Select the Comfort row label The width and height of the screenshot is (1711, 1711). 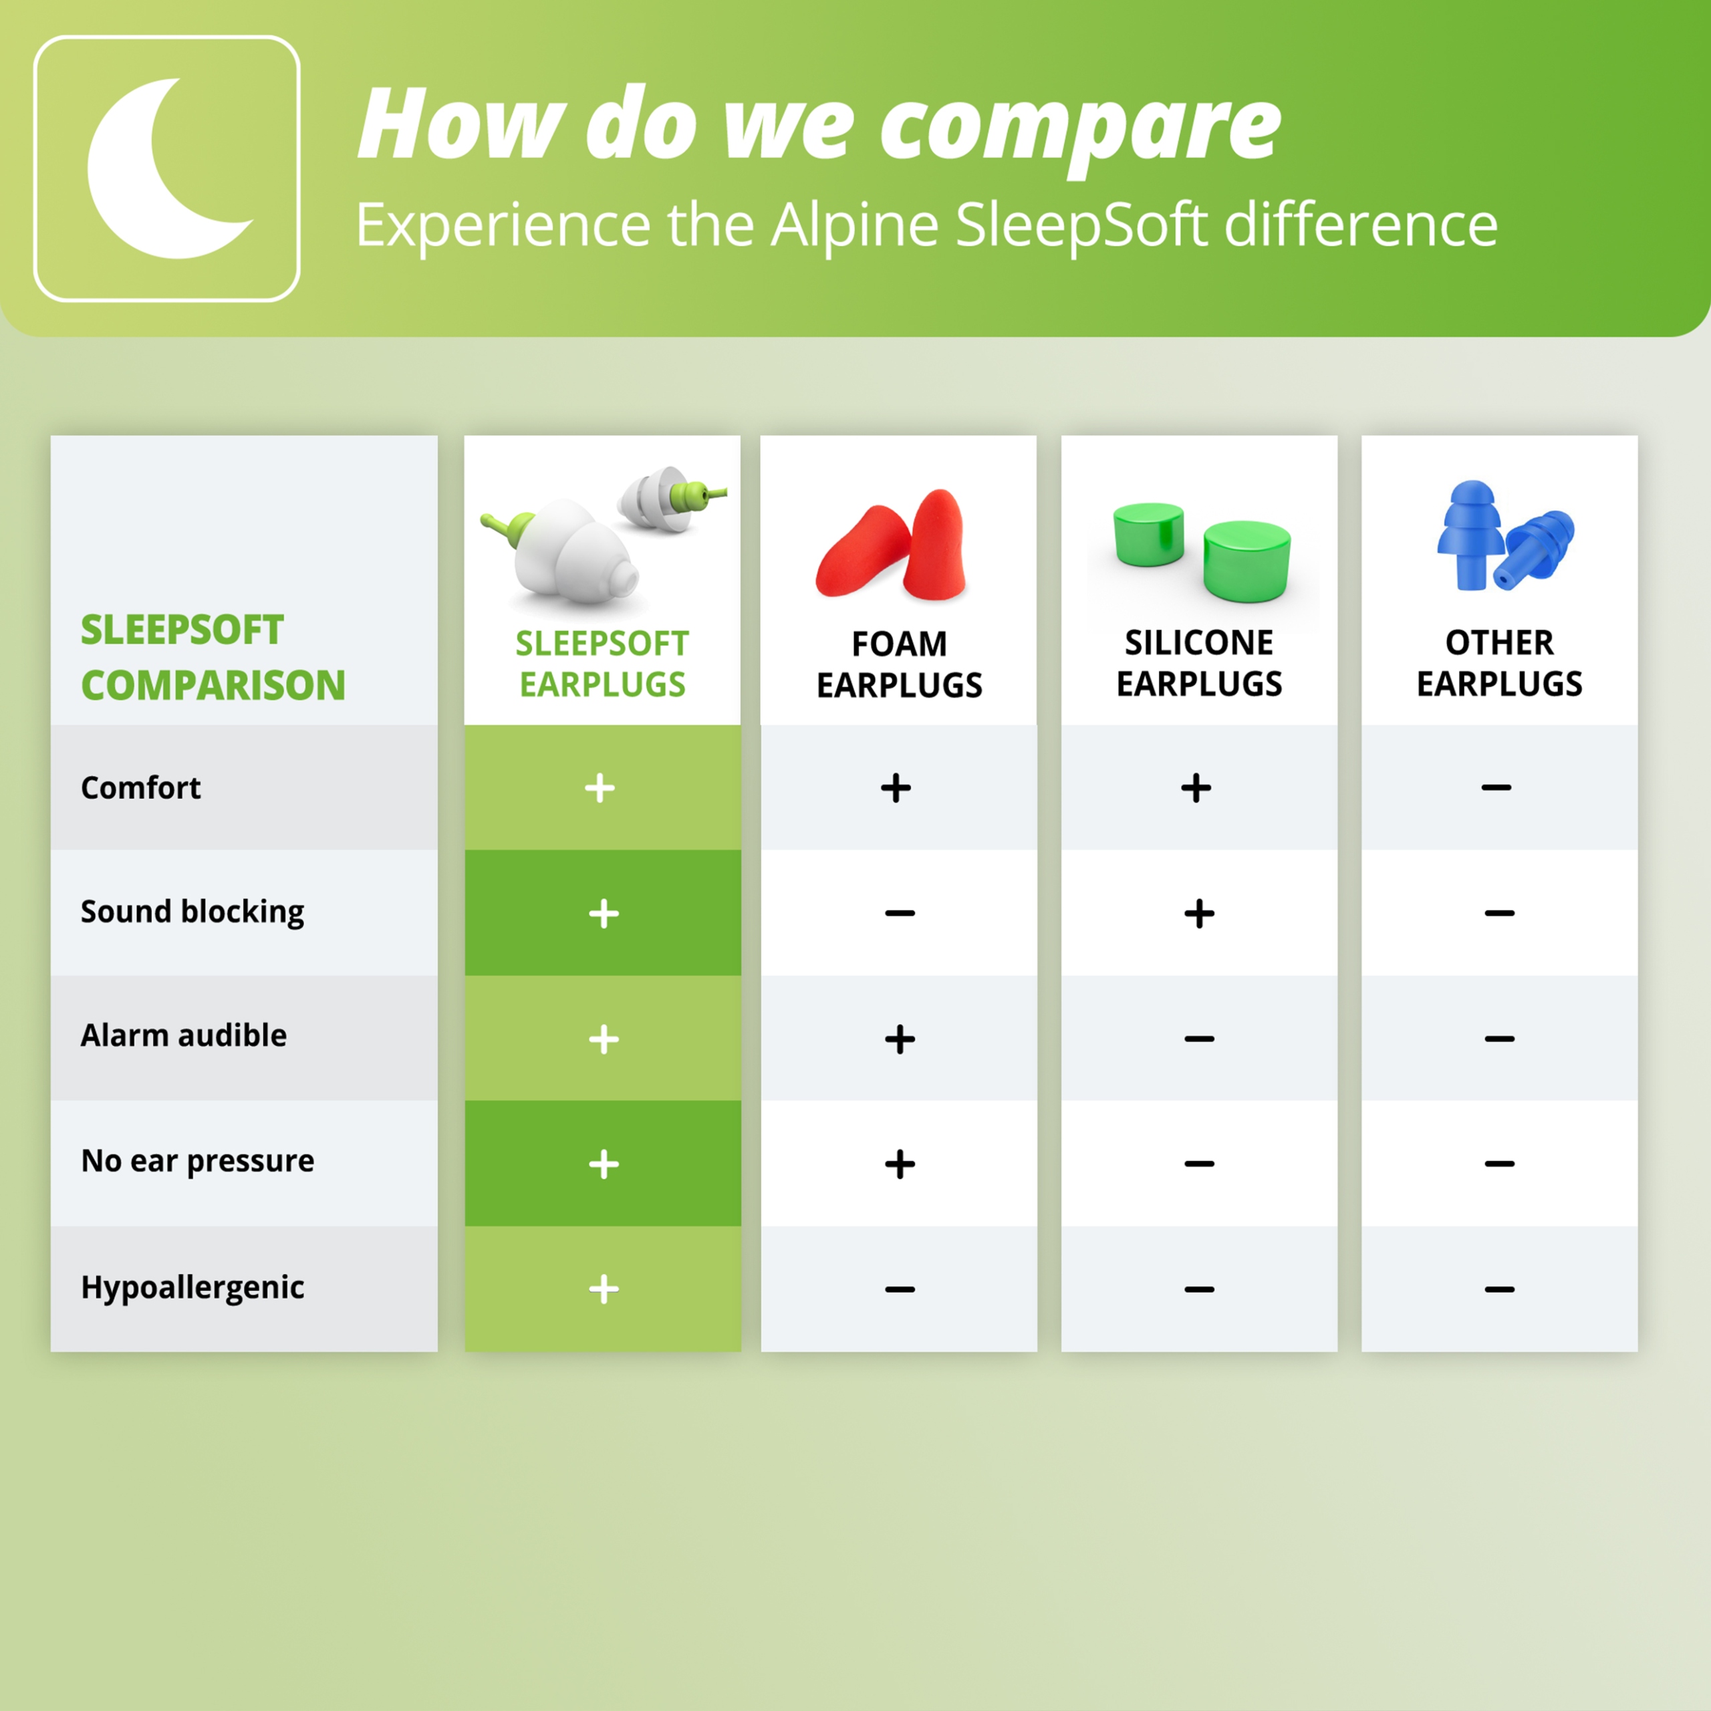click(x=141, y=787)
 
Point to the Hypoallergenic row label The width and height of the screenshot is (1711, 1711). click(x=192, y=1289)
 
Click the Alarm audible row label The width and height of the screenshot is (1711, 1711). click(x=183, y=1035)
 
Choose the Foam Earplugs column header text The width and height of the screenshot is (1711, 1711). click(x=899, y=664)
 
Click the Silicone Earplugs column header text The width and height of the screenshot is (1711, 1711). click(x=1199, y=663)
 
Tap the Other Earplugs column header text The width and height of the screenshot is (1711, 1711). click(x=1499, y=663)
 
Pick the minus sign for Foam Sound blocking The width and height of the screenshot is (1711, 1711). click(x=900, y=913)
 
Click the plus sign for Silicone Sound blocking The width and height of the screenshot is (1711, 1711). click(x=1199, y=913)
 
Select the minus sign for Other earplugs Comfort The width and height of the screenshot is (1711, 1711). click(x=1496, y=787)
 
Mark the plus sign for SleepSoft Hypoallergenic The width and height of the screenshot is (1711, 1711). click(x=604, y=1289)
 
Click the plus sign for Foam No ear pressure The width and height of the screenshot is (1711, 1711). click(x=900, y=1164)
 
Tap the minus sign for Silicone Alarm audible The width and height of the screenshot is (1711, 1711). click(x=1199, y=1038)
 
